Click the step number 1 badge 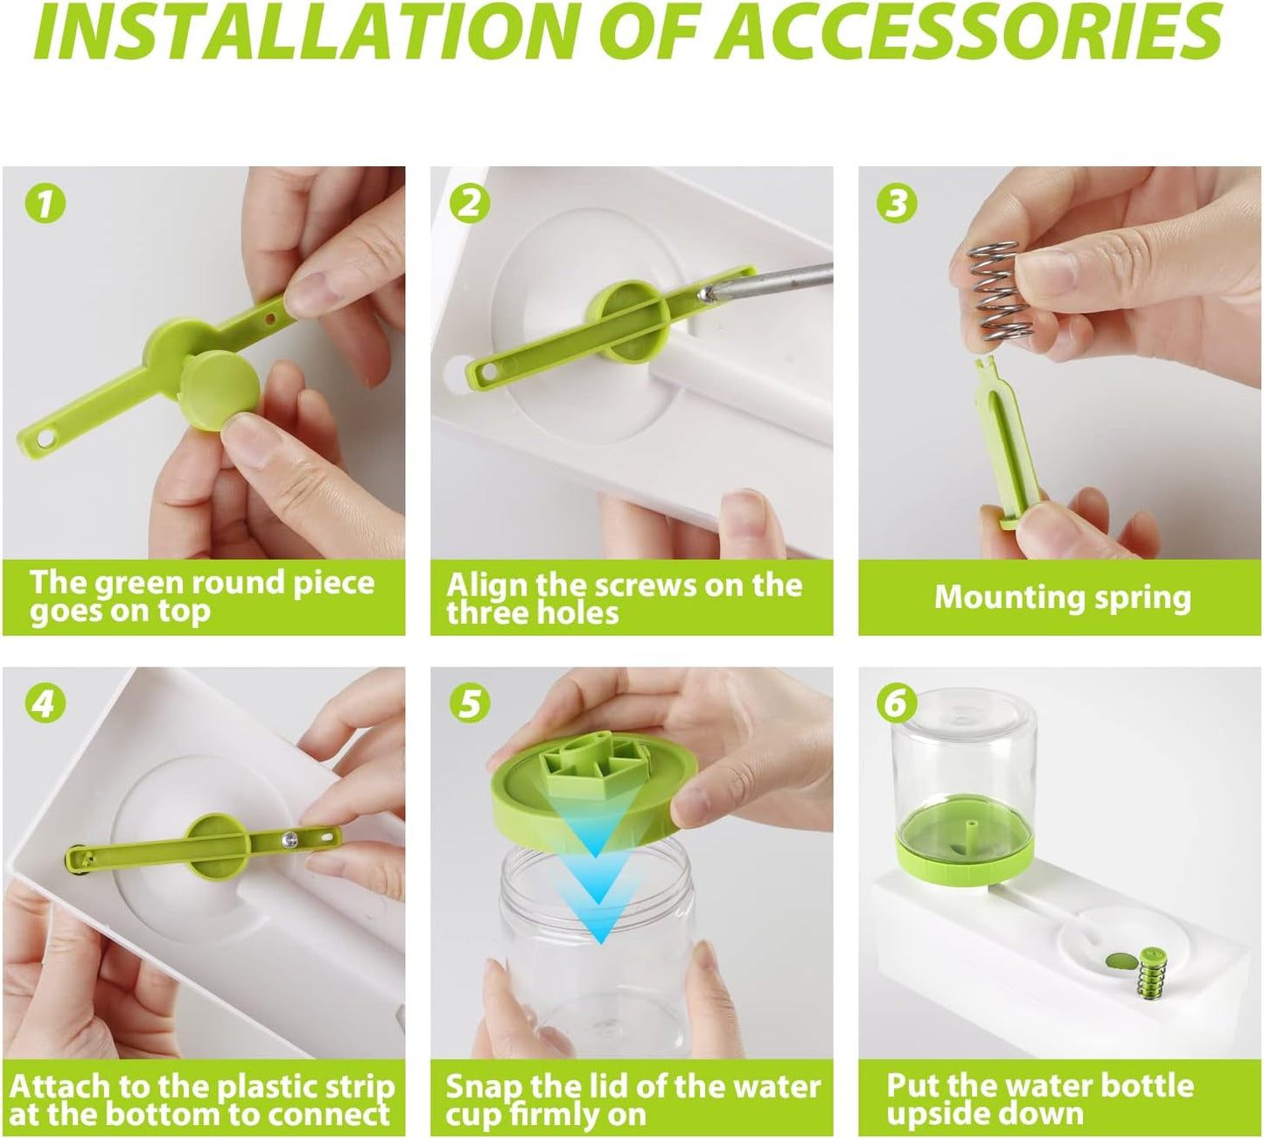pos(45,204)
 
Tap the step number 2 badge pos(470,204)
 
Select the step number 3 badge pos(897,204)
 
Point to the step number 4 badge pos(45,703)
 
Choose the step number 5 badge pos(470,703)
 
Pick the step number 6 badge pos(897,703)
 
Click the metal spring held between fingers pos(999,292)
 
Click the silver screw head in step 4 pos(290,838)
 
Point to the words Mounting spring pos(1062,597)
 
